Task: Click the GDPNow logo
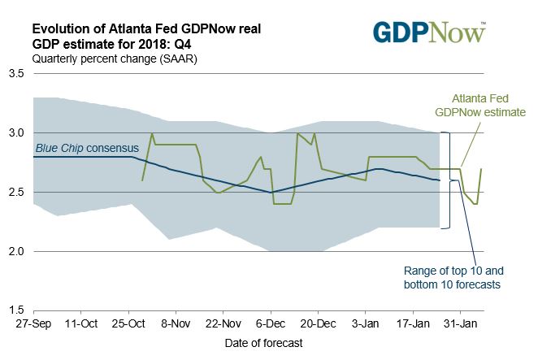(x=429, y=32)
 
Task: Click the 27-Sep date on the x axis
(x=33, y=325)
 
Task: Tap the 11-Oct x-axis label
(x=80, y=325)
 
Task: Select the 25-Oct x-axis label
(x=128, y=325)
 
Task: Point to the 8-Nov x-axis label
(x=176, y=325)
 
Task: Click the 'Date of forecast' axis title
(x=263, y=343)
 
